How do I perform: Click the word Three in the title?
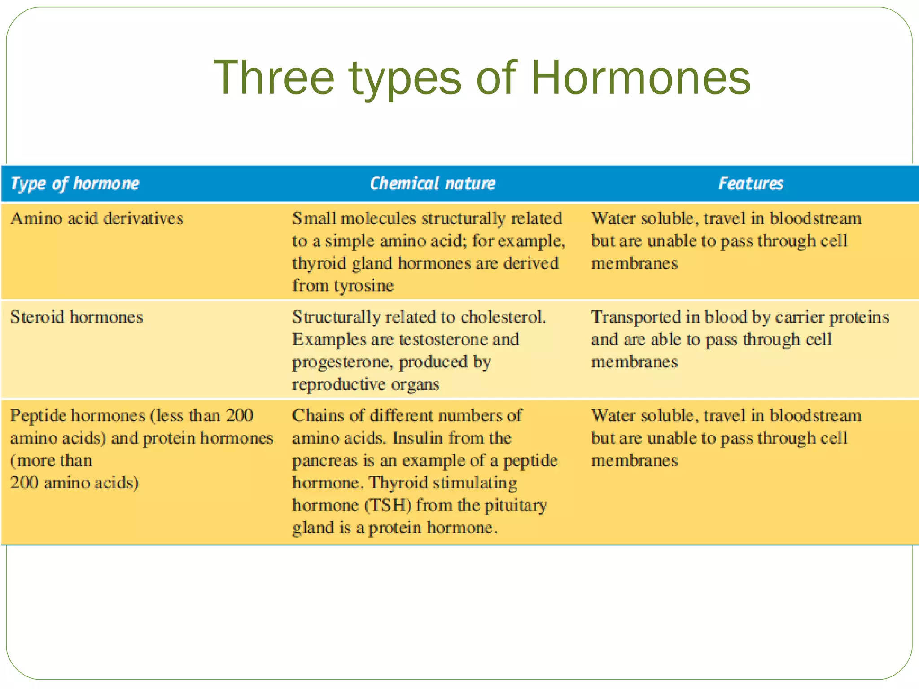coord(274,78)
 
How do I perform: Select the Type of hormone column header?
coord(75,183)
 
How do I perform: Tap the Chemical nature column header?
coord(432,183)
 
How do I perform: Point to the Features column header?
coord(751,183)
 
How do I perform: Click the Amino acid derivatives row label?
coord(97,218)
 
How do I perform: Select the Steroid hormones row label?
coord(77,317)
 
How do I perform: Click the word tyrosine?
coord(363,286)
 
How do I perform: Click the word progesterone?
coord(342,362)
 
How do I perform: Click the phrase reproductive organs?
coord(366,384)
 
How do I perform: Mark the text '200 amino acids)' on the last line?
coord(74,483)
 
